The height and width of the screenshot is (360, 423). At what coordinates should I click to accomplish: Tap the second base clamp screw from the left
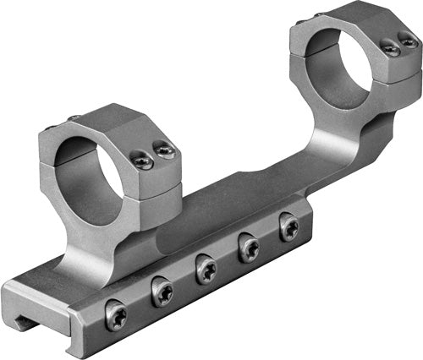(x=162, y=293)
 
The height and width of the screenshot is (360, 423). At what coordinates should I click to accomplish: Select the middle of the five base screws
(x=206, y=270)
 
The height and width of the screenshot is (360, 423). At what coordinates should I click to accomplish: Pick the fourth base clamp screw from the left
(x=250, y=248)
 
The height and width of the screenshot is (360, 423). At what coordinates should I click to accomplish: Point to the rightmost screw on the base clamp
(x=289, y=226)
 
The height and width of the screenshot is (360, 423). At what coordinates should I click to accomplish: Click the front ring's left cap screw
(x=143, y=161)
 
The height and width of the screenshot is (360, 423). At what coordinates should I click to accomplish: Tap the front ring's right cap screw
(x=164, y=152)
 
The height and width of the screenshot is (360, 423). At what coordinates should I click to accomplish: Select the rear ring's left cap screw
(x=391, y=49)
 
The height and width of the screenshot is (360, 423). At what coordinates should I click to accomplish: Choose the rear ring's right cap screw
(x=408, y=42)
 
